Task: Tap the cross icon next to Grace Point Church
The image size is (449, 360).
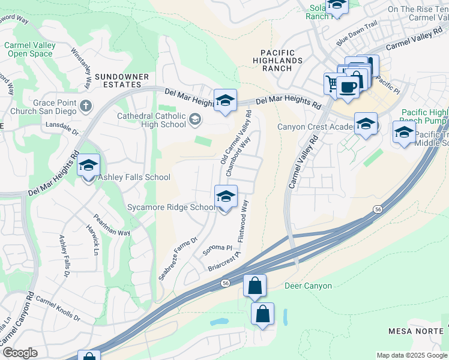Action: coord(86,106)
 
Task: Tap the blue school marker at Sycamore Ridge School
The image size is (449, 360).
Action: coord(226,197)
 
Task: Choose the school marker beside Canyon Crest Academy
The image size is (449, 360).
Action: coord(366,124)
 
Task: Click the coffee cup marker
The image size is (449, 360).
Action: coord(348,87)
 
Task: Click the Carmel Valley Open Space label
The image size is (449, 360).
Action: coord(29,49)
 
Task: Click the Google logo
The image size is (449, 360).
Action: coord(19,353)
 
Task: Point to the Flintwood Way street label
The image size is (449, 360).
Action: coord(243,221)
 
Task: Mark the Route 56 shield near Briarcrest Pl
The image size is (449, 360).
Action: coord(226,283)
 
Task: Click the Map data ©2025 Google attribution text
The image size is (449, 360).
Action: coord(411,355)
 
